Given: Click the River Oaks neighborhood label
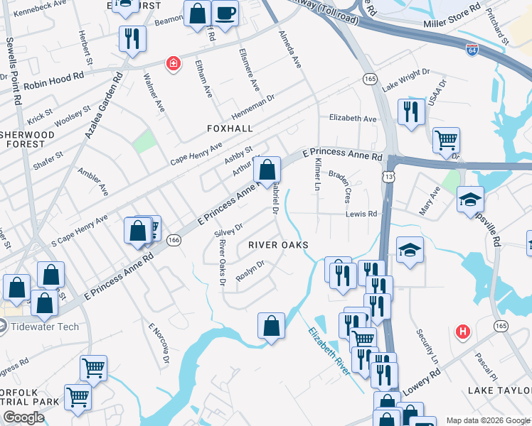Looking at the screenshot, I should click(278, 245).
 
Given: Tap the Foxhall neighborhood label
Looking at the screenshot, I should click(230, 129).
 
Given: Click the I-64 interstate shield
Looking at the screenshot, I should click(472, 50).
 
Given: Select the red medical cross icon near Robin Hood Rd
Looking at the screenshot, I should click(172, 65).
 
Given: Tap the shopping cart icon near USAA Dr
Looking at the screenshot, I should click(446, 141).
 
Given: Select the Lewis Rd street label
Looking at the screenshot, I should click(361, 213).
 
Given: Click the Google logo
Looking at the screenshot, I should click(23, 417).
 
